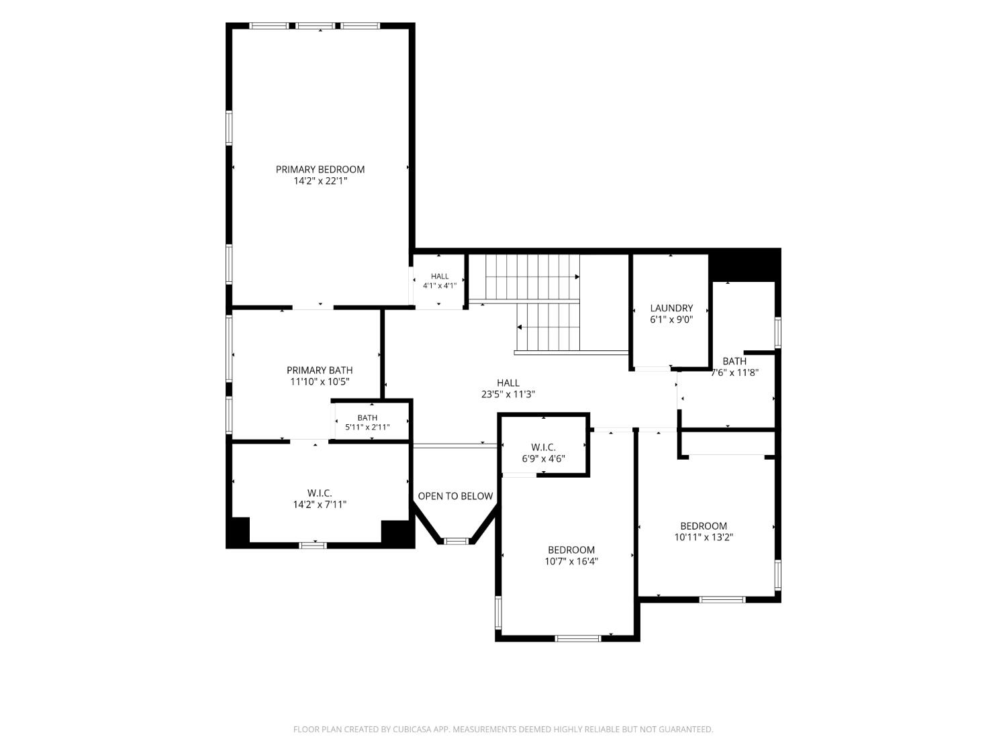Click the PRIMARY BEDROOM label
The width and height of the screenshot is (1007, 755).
coord(320,170)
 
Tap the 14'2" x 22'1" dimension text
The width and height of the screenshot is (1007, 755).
coord(320,181)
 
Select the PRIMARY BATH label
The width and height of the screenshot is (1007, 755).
coord(320,370)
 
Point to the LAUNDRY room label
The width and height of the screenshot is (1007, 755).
coord(671,308)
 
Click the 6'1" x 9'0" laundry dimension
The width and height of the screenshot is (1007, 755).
coord(671,319)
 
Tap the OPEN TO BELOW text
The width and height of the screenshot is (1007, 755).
coord(455,496)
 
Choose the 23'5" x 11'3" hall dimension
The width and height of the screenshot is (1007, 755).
coord(508,394)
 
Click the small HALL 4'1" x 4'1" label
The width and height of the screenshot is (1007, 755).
coord(440,281)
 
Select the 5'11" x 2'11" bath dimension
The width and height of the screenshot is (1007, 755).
coord(367,427)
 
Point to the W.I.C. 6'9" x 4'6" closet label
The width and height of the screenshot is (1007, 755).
coord(543,453)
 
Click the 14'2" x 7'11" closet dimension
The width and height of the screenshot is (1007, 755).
coord(320,505)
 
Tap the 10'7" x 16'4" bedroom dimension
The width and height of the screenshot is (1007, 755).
coord(571,562)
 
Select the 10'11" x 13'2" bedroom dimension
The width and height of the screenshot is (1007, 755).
coord(704,538)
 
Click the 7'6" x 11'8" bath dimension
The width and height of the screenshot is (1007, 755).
coord(734,372)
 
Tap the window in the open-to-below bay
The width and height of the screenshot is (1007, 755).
coord(455,542)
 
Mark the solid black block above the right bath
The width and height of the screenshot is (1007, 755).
coord(745,265)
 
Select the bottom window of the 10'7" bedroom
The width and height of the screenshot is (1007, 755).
coord(577,638)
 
